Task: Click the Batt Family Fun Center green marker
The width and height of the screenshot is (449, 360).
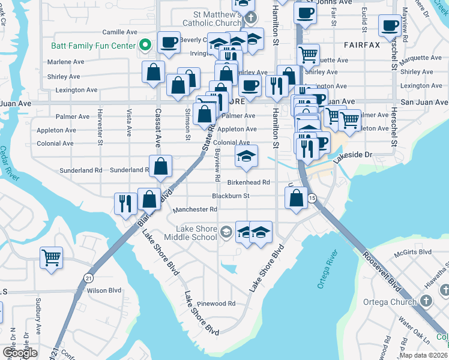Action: tap(144, 46)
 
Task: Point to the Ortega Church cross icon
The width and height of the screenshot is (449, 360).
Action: tap(426, 301)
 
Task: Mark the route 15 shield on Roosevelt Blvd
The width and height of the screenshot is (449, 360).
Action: tap(312, 198)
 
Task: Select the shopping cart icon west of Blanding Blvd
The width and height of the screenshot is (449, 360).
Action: tap(51, 257)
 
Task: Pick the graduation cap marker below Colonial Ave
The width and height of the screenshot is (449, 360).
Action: tap(246, 156)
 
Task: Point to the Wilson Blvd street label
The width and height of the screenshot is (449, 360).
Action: tap(105, 290)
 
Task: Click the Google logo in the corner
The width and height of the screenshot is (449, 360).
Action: tap(20, 352)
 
